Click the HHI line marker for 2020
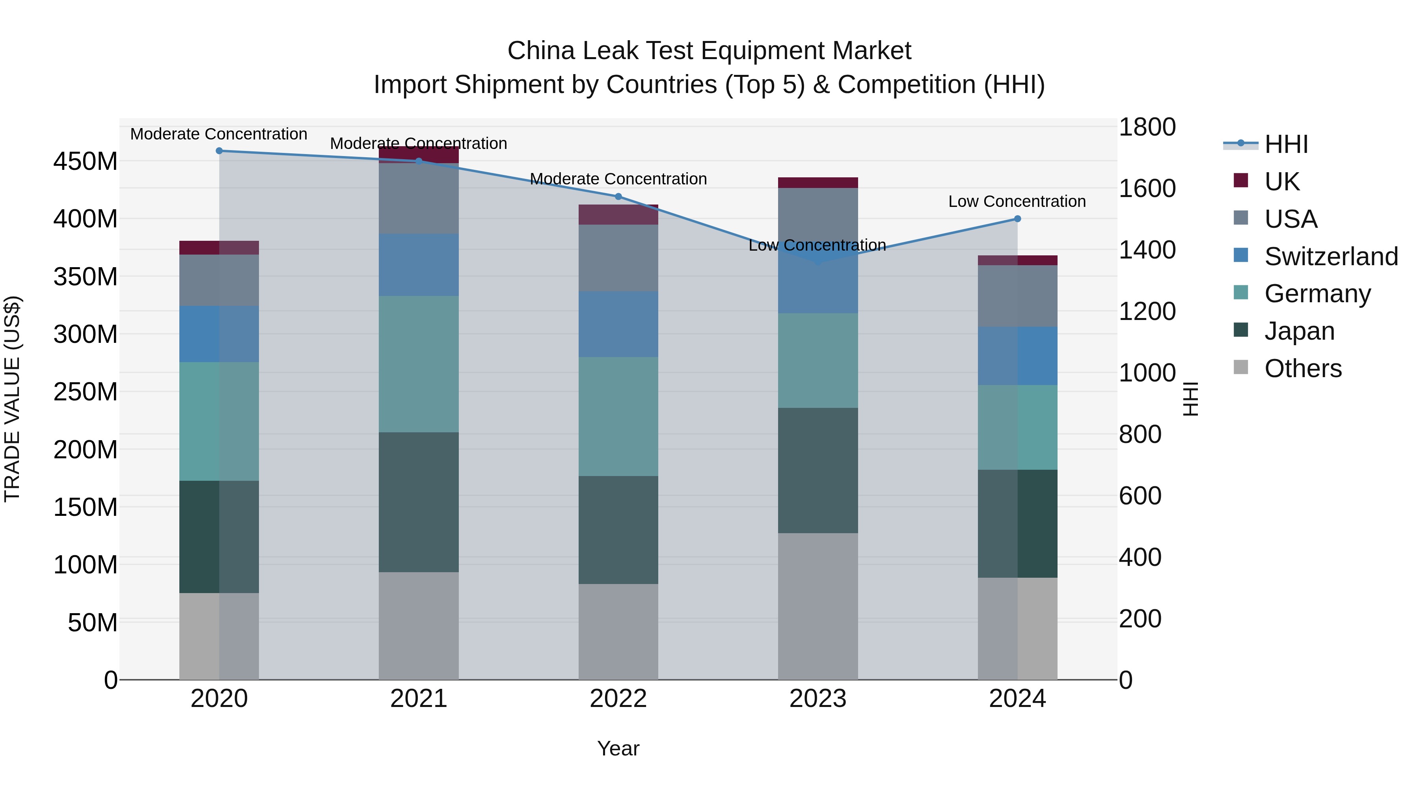pyautogui.click(x=219, y=151)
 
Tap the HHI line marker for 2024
pyautogui.click(x=1017, y=219)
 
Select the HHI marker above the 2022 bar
pyautogui.click(x=618, y=197)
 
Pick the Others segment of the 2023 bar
pyautogui.click(x=818, y=606)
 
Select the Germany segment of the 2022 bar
pyautogui.click(x=618, y=417)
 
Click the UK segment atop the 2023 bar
pyautogui.click(x=818, y=183)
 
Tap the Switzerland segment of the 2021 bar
pyautogui.click(x=419, y=265)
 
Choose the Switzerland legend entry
pyautogui.click(x=1330, y=257)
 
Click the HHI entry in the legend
pyautogui.click(x=1286, y=144)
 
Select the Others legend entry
pyautogui.click(x=1302, y=368)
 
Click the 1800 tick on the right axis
pyautogui.click(x=1147, y=127)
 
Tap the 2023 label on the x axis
pyautogui.click(x=818, y=699)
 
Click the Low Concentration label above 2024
pyautogui.click(x=1017, y=201)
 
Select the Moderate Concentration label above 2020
pyautogui.click(x=219, y=134)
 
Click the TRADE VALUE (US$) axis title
pyautogui.click(x=13, y=399)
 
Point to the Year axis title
pyautogui.click(x=618, y=748)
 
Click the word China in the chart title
pyautogui.click(x=541, y=51)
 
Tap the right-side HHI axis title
pyautogui.click(x=1190, y=399)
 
